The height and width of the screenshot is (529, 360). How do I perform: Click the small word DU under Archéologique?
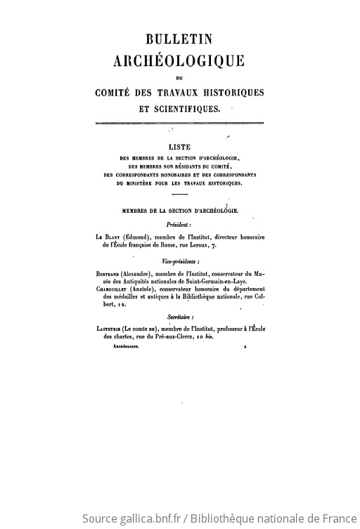click(179, 77)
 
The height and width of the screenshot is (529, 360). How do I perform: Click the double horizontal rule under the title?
click(179, 124)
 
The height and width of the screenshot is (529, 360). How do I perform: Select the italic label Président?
click(179, 224)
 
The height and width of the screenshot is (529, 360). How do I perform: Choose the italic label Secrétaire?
click(179, 320)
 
